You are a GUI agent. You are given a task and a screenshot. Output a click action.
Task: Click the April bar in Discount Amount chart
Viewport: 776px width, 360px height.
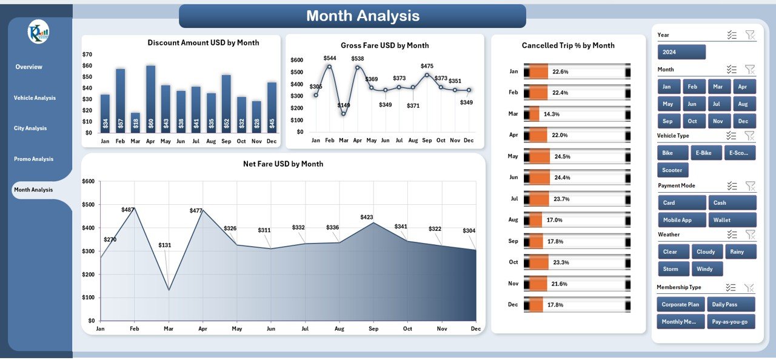[x=150, y=99]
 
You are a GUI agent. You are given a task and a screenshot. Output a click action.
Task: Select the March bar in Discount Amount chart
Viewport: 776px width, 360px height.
[x=135, y=122]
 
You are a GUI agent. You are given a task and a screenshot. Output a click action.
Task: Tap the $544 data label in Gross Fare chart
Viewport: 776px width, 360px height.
[x=330, y=58]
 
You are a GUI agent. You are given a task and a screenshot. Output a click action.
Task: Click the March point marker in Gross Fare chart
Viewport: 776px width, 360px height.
[x=344, y=113]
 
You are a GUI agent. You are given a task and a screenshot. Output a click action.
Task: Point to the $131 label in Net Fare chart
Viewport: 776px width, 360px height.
[x=165, y=245]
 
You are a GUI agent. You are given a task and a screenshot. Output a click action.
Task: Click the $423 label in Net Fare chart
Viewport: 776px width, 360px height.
[x=367, y=217]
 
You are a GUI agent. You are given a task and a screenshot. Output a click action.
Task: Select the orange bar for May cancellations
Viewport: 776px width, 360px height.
[x=539, y=156]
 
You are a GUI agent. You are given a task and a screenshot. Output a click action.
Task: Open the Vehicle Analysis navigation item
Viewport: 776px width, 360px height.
[x=35, y=98]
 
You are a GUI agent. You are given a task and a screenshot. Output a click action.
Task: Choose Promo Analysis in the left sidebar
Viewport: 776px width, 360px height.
[x=33, y=159]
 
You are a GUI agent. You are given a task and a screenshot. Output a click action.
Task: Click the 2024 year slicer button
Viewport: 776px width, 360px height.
[x=681, y=52]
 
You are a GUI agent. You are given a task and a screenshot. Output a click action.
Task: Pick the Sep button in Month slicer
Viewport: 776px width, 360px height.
[x=667, y=121]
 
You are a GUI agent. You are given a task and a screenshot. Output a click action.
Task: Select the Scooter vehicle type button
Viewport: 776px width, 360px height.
[x=672, y=170]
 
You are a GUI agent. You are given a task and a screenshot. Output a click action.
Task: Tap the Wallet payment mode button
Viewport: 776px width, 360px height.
[x=731, y=220]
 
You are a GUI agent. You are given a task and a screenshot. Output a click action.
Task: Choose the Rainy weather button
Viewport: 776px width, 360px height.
[x=740, y=252]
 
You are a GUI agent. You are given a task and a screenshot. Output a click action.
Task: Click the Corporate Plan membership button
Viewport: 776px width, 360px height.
[x=680, y=304]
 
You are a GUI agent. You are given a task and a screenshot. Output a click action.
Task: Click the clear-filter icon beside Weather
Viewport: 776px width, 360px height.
[x=750, y=235]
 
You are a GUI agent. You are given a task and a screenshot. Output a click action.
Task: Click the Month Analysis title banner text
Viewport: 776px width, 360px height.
[x=363, y=16]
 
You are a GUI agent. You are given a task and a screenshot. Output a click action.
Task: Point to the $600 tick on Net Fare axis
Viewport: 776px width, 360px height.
[x=89, y=181]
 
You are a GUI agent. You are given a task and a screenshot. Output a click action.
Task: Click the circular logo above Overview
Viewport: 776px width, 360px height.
[x=38, y=32]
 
